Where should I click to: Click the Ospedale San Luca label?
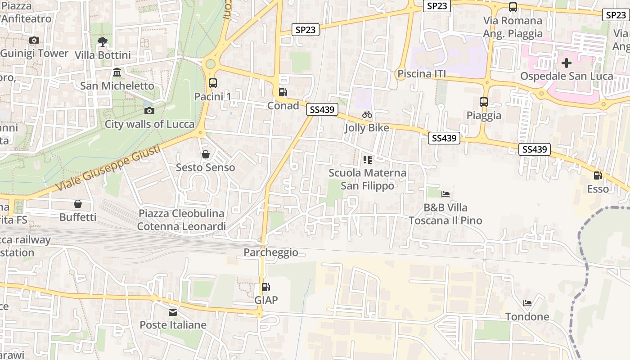point(567,76)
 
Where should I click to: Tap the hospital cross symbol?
point(567,63)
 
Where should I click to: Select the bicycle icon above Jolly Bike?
point(367,114)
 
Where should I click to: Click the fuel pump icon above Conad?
point(283,92)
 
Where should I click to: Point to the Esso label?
point(598,189)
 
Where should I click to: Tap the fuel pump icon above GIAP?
point(266,287)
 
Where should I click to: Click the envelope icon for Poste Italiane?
point(173,312)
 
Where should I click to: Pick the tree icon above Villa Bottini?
point(103,42)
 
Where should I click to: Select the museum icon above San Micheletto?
point(117,72)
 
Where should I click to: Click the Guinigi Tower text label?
point(35,53)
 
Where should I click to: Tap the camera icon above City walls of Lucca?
point(149,111)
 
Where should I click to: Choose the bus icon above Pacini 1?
point(213,83)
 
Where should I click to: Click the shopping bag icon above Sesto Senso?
point(206,154)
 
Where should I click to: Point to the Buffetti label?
point(78,217)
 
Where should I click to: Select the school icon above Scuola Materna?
point(367,159)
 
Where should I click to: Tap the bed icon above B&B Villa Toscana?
point(445,194)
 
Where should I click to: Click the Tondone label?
point(527,317)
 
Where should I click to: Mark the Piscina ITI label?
point(422,74)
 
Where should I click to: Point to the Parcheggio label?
point(271,252)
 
